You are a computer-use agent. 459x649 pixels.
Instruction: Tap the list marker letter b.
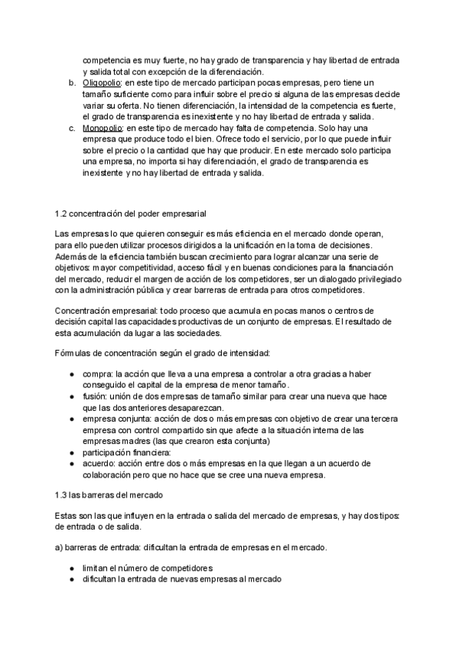[71, 82]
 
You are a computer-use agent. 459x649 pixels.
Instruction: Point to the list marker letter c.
[71, 128]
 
